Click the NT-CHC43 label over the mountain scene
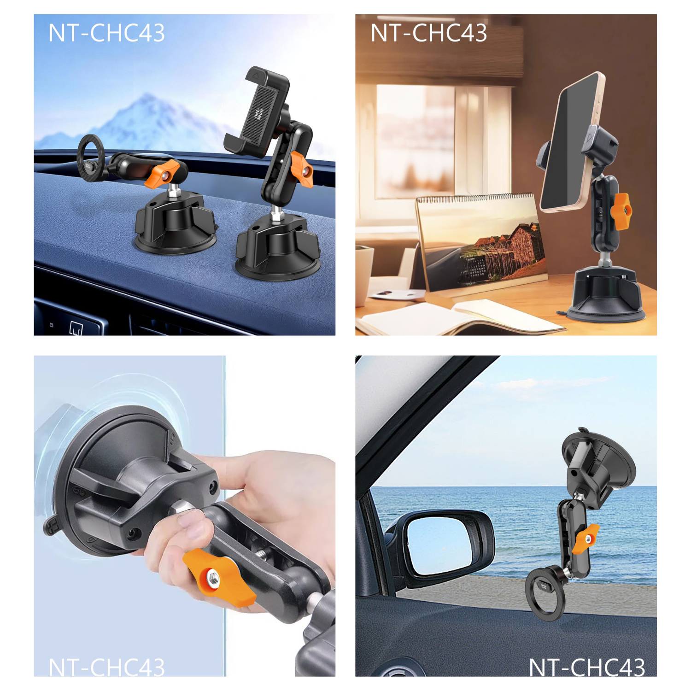(x=106, y=33)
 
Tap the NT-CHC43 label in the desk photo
(x=428, y=33)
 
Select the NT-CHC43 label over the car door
(x=587, y=667)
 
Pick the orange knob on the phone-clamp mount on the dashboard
(x=302, y=170)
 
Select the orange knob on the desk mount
(x=621, y=211)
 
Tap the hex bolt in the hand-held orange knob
(x=212, y=578)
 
